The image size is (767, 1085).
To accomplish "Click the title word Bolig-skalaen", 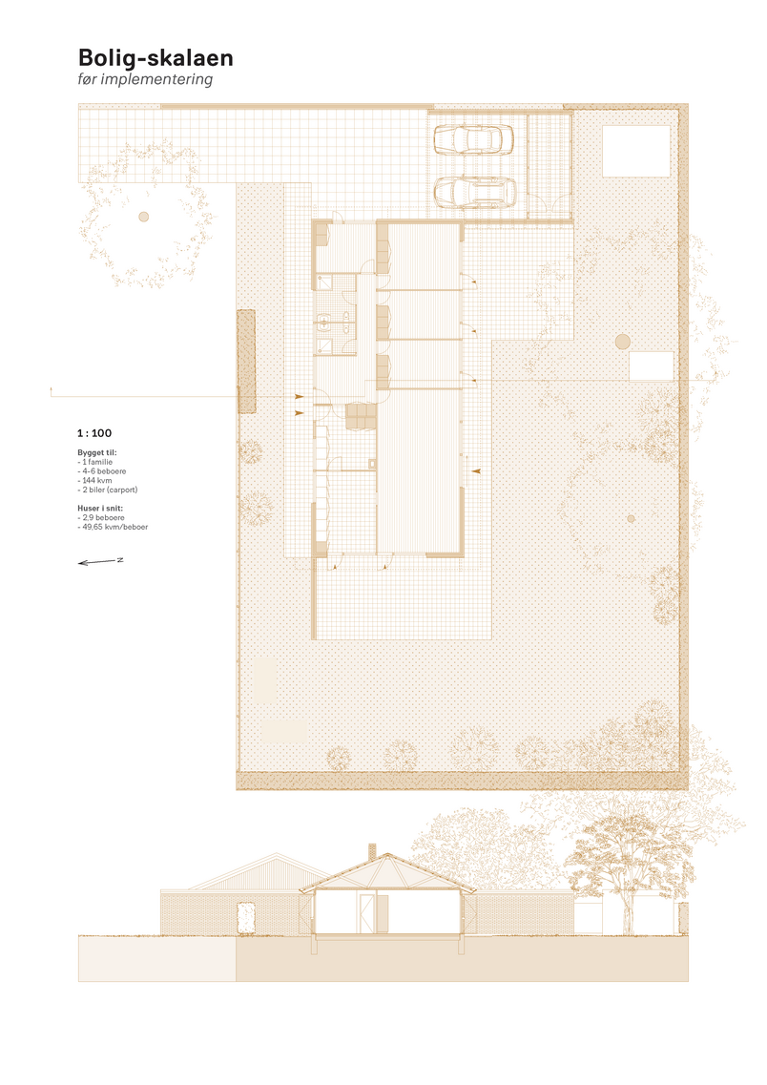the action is pyautogui.click(x=155, y=58).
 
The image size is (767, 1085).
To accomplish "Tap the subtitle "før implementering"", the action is pyautogui.click(x=145, y=79).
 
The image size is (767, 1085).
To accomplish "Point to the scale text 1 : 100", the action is pyautogui.click(x=94, y=433).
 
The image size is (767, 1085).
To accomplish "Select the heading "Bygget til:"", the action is pyautogui.click(x=96, y=452).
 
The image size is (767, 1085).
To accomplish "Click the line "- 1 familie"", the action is pyautogui.click(x=94, y=462).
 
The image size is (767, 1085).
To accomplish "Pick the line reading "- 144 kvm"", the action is pyautogui.click(x=94, y=480).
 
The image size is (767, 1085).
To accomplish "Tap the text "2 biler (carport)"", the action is pyautogui.click(x=110, y=490).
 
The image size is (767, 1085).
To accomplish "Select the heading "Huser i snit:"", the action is pyautogui.click(x=100, y=508).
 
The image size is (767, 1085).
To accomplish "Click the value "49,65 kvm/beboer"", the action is pyautogui.click(x=115, y=528).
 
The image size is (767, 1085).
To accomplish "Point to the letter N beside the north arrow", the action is pyautogui.click(x=120, y=559).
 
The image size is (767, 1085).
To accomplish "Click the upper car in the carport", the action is pyautogui.click(x=474, y=139).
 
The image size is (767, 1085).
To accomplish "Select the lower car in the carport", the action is pyautogui.click(x=475, y=192).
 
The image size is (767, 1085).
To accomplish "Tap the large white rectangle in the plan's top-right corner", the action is pyautogui.click(x=636, y=151).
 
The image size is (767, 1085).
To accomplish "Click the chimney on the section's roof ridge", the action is pyautogui.click(x=372, y=851).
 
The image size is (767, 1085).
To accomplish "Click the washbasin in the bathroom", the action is pyautogui.click(x=323, y=321).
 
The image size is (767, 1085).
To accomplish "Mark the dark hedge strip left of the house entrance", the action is pyautogui.click(x=246, y=362).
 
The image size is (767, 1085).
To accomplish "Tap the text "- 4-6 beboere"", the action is pyautogui.click(x=102, y=471).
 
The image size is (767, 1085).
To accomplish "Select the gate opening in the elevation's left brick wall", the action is pyautogui.click(x=245, y=918).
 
